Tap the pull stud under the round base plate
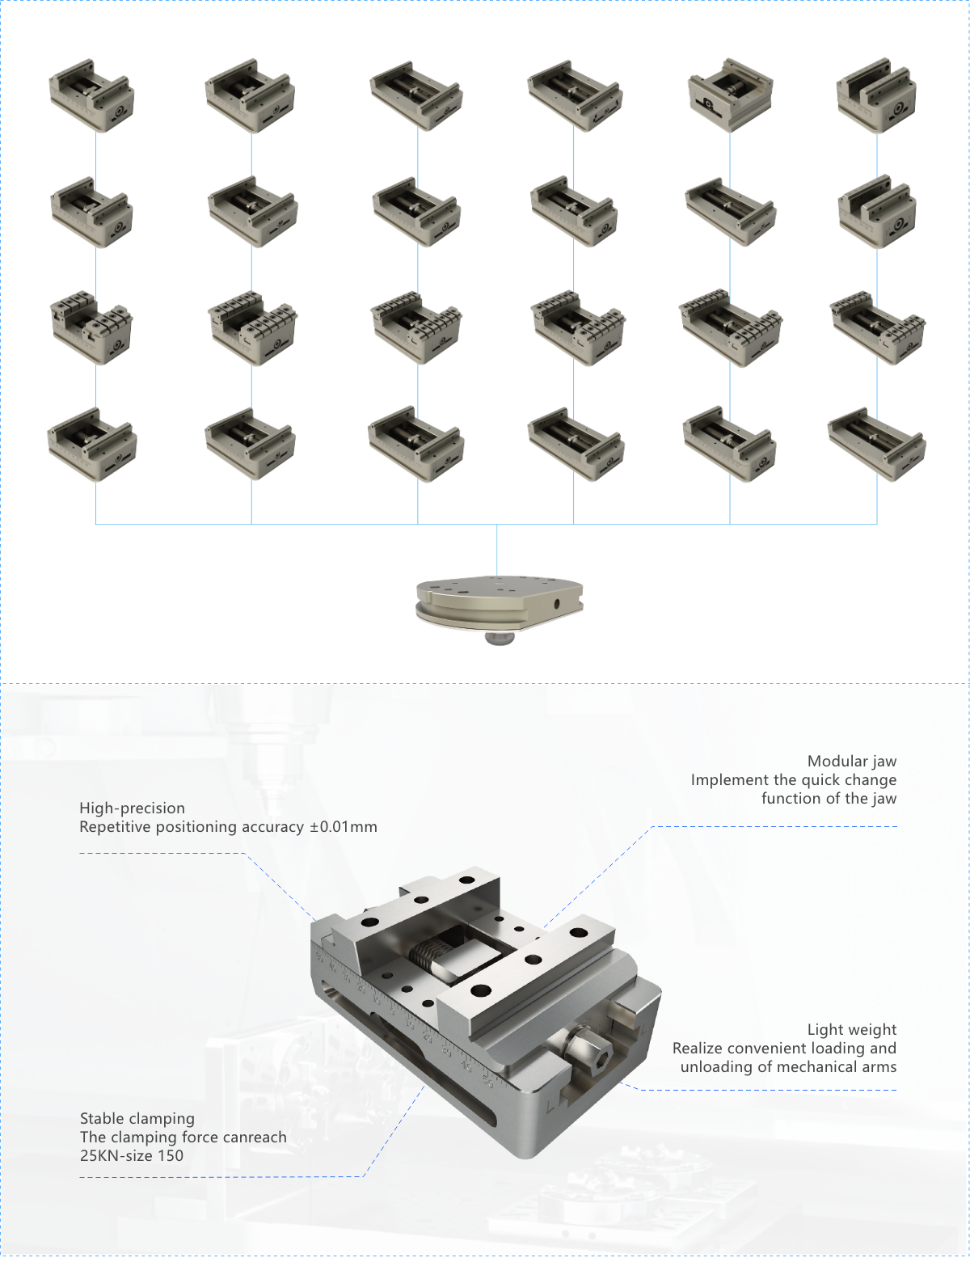[x=499, y=639]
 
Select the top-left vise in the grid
[x=91, y=95]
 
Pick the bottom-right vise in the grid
[x=876, y=444]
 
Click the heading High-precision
[x=132, y=808]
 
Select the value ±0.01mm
[x=343, y=827]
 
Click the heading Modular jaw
[x=851, y=761]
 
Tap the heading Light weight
[x=851, y=1029]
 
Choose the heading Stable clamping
[x=137, y=1118]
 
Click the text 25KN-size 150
[x=131, y=1155]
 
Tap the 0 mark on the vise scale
[x=392, y=1011]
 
